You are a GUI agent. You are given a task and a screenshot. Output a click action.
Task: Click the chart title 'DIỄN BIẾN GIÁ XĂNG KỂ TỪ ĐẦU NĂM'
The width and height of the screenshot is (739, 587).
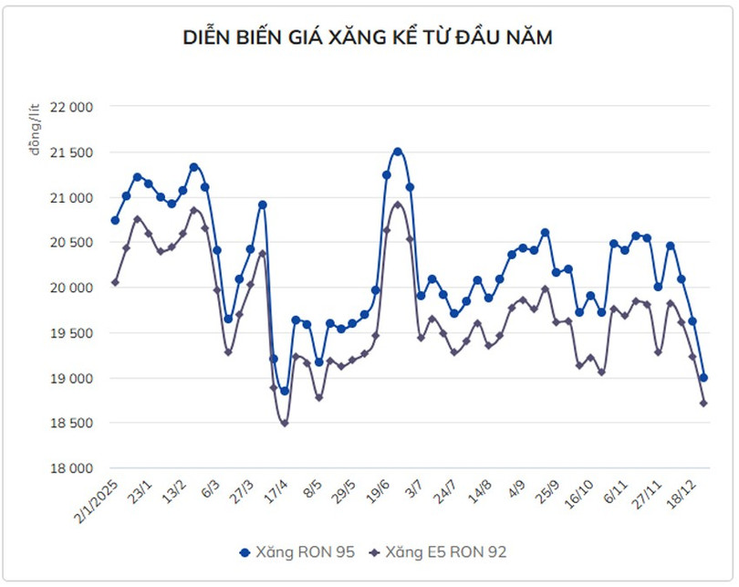pyautogui.click(x=369, y=37)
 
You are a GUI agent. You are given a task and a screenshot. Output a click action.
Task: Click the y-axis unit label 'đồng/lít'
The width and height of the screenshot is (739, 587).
pyautogui.click(x=35, y=131)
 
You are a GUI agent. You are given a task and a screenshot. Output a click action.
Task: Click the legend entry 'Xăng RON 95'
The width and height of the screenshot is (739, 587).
pyautogui.click(x=291, y=552)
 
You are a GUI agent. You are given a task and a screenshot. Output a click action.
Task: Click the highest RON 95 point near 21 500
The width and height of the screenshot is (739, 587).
pyautogui.click(x=398, y=152)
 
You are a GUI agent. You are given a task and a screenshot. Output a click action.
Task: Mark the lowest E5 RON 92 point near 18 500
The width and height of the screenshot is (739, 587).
pyautogui.click(x=285, y=423)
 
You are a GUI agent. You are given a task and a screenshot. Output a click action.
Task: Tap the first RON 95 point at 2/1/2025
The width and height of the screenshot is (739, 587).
pyautogui.click(x=115, y=220)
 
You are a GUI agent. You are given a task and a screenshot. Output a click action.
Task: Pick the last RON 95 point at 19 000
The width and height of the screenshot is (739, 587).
pyautogui.click(x=703, y=378)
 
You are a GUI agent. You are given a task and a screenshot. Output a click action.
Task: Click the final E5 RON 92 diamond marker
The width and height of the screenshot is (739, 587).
pyautogui.click(x=703, y=404)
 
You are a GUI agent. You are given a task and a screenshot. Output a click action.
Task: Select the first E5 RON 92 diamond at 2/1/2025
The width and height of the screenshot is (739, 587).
pyautogui.click(x=115, y=282)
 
